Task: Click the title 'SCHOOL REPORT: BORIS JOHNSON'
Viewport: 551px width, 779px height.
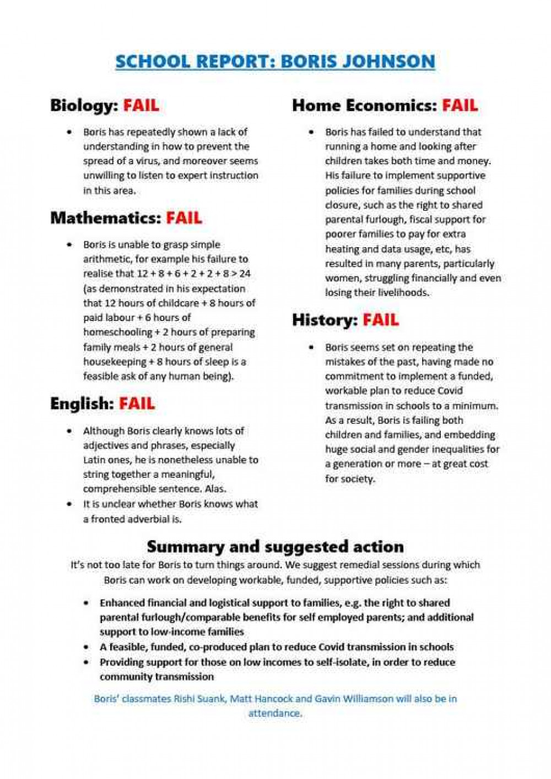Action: (275, 61)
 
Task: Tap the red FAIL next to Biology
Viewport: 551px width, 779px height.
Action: (141, 105)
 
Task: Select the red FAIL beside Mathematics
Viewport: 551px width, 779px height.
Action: (184, 218)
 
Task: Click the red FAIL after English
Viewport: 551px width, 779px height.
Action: (137, 404)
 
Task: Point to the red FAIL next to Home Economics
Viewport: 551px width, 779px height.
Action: (460, 105)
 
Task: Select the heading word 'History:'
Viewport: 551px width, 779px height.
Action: (324, 320)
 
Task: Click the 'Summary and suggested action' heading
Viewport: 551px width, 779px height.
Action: (275, 547)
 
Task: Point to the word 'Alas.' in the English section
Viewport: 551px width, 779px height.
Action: (215, 489)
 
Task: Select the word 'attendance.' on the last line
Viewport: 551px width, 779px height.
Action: (275, 713)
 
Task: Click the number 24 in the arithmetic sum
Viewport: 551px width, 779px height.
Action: (245, 274)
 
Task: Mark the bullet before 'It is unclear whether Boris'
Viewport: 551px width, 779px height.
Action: (69, 504)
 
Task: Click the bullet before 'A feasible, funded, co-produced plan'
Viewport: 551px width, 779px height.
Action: (86, 647)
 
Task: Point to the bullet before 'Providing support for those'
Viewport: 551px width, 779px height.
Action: (86, 662)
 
